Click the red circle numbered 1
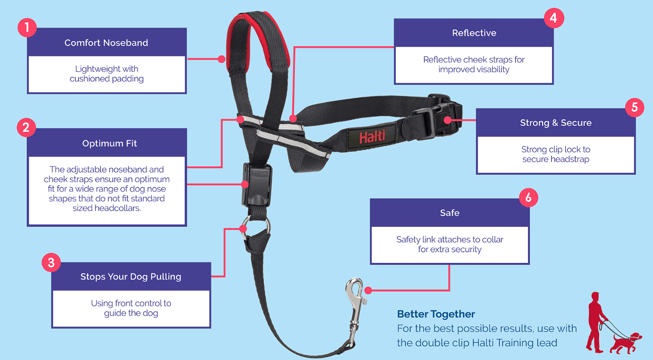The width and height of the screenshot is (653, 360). click(27, 28)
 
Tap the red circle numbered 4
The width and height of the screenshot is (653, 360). click(554, 18)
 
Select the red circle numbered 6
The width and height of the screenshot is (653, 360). click(529, 198)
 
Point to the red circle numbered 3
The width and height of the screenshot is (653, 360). click(51, 263)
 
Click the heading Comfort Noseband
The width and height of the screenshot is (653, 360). click(106, 43)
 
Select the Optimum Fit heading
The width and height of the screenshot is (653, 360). click(110, 143)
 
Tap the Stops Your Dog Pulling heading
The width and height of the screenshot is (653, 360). click(131, 277)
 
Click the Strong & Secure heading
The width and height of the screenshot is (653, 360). click(556, 123)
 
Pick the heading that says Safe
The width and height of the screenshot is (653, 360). click(450, 213)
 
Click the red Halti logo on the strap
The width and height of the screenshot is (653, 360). click(372, 136)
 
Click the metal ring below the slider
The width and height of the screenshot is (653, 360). click(256, 228)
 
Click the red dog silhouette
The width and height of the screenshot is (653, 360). click(625, 343)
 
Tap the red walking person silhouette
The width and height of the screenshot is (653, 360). click(596, 322)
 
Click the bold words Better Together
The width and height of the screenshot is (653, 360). click(436, 314)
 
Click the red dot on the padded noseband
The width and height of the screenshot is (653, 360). click(222, 59)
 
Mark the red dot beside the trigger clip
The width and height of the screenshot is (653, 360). click(368, 290)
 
